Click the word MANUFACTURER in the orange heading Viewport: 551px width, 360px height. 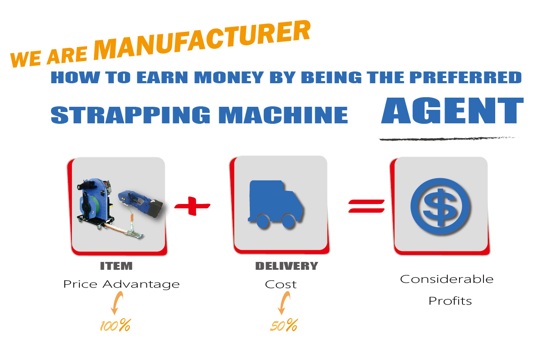pyautogui.click(x=202, y=41)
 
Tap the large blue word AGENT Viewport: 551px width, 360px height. pyautogui.click(x=452, y=110)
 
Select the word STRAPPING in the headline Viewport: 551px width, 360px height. pyautogui.click(x=130, y=115)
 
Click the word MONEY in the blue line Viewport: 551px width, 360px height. pyautogui.click(x=229, y=78)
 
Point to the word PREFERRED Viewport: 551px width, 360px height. pyautogui.click(x=466, y=78)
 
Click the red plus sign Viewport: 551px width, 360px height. pyautogui.click(x=192, y=206)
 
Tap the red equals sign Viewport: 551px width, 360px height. pyautogui.click(x=366, y=206)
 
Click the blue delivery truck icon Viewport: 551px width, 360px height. pyautogui.click(x=275, y=204)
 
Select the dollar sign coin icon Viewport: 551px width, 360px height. pyautogui.click(x=440, y=206)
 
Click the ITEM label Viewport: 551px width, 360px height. pyautogui.click(x=116, y=266)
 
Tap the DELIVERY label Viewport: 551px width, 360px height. pyautogui.click(x=287, y=266)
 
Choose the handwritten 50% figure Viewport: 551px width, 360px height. pyautogui.click(x=284, y=325)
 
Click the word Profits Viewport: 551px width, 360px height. pyautogui.click(x=450, y=301)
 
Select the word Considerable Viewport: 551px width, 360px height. pyautogui.click(x=447, y=279)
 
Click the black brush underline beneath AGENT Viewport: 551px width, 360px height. pyautogui.click(x=449, y=139)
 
